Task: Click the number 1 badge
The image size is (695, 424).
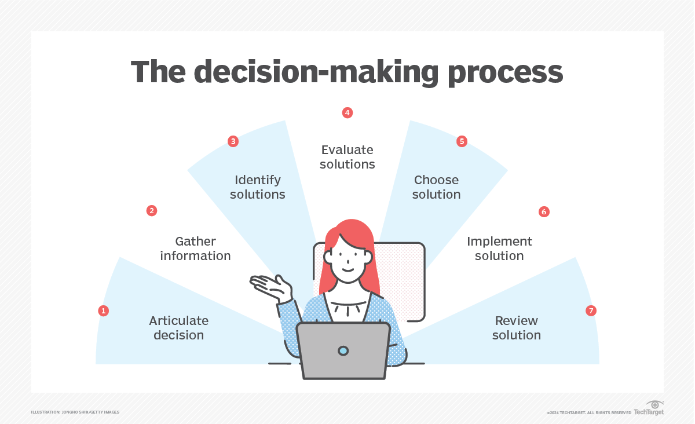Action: click(104, 311)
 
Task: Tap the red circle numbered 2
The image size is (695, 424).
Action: click(152, 211)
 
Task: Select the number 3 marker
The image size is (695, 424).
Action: click(233, 141)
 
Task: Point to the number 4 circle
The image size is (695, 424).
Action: click(348, 113)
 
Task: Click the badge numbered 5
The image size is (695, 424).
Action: click(462, 141)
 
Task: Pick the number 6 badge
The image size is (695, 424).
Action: click(543, 212)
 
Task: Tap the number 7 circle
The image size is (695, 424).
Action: click(591, 311)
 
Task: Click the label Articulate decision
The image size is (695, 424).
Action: click(178, 328)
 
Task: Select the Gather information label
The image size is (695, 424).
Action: click(195, 248)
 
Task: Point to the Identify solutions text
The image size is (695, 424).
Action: click(258, 187)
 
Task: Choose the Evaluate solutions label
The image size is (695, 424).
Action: click(348, 157)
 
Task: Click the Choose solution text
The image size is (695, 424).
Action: click(436, 187)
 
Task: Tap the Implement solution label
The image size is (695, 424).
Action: click(499, 248)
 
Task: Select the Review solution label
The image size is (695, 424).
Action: click(516, 328)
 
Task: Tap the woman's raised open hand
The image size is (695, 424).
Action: click(271, 287)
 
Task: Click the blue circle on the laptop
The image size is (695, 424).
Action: click(343, 350)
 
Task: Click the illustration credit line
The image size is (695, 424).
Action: click(75, 412)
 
